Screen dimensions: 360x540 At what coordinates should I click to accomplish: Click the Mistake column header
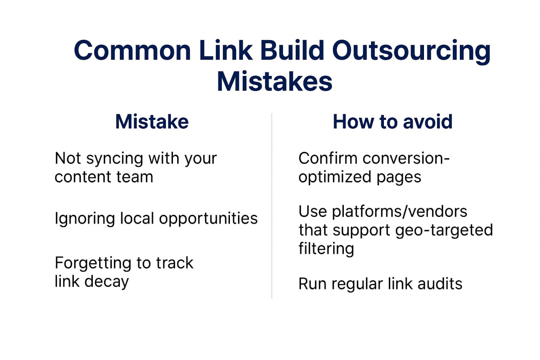[x=152, y=122]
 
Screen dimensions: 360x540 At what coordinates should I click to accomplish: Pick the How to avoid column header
[x=392, y=122]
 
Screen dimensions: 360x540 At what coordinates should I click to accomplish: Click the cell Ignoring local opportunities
[x=156, y=219]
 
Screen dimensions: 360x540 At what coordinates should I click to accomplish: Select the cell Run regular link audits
[x=380, y=284]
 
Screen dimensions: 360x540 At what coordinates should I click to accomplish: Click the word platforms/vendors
[x=399, y=211]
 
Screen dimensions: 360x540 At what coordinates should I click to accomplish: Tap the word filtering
[x=326, y=249]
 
